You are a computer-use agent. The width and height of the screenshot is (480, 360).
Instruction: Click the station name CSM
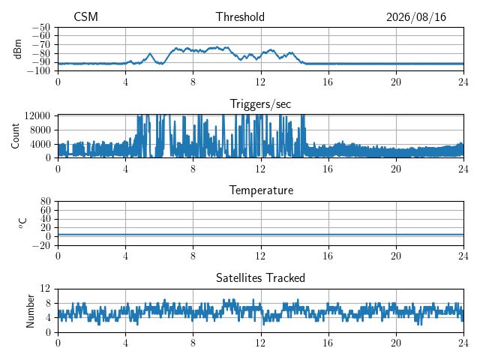[x=85, y=16]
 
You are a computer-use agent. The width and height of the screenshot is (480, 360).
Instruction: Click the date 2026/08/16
[x=416, y=17]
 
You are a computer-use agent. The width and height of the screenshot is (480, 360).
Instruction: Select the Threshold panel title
[x=240, y=16]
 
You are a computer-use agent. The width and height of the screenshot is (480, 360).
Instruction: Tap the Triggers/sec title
[x=260, y=104]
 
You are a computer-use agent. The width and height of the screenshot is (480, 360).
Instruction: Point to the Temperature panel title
[x=261, y=190]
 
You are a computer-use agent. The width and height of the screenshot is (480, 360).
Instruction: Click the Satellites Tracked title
[x=260, y=278]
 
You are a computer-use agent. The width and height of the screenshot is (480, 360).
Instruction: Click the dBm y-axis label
[x=17, y=49]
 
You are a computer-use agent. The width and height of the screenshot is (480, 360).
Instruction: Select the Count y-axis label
[x=15, y=136]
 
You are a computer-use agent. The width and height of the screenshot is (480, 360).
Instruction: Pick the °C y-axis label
[x=22, y=223]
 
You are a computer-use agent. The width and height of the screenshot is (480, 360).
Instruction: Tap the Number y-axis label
[x=30, y=311]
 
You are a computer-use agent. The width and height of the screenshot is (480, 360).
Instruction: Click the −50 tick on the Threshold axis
[x=41, y=27]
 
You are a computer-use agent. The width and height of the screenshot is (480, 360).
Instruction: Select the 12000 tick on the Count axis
[x=37, y=115]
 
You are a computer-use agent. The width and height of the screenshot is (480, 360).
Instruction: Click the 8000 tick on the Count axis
[x=40, y=130]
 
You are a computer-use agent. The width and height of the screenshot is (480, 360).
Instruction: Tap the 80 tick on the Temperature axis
[x=45, y=201]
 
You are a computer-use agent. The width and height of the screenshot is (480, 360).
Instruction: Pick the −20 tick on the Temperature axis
[x=41, y=245]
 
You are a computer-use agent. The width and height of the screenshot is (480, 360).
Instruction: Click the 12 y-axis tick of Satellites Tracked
[x=45, y=289]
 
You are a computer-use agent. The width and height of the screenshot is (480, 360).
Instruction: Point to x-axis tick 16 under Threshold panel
[x=328, y=82]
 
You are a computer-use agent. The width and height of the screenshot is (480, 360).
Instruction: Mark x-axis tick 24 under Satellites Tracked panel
[x=463, y=343]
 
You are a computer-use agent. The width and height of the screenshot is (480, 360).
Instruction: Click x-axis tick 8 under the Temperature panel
[x=193, y=256]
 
